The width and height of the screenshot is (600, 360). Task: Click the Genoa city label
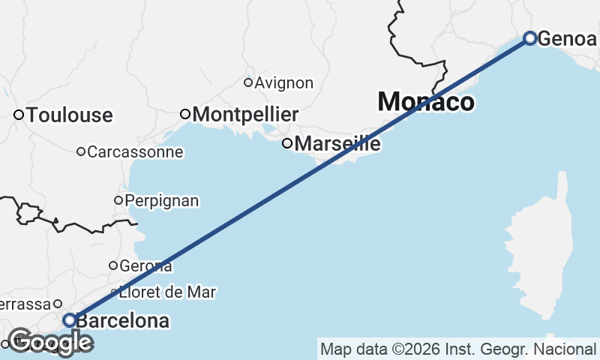(567, 38)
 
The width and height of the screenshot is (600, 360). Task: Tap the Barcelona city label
(123, 321)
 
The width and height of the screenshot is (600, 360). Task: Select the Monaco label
(426, 102)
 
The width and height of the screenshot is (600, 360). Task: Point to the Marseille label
(337, 143)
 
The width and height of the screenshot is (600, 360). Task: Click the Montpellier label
(245, 115)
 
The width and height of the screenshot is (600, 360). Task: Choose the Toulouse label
(69, 115)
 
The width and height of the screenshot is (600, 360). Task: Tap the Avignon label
(283, 83)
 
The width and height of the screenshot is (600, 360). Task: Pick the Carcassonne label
(135, 152)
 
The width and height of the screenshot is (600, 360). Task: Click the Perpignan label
(162, 201)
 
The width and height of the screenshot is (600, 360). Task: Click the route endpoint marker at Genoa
(530, 37)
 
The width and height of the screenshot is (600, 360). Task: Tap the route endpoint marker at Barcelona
(69, 320)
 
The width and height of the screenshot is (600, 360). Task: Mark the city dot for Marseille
(286, 143)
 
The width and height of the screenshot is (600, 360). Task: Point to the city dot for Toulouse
(19, 115)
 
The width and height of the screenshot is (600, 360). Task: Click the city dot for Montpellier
(186, 114)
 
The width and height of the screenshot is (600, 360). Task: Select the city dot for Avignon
(248, 82)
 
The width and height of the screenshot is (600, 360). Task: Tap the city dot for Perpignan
(118, 200)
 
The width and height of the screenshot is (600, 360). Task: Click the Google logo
(50, 342)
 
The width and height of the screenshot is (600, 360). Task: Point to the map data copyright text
(458, 349)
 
